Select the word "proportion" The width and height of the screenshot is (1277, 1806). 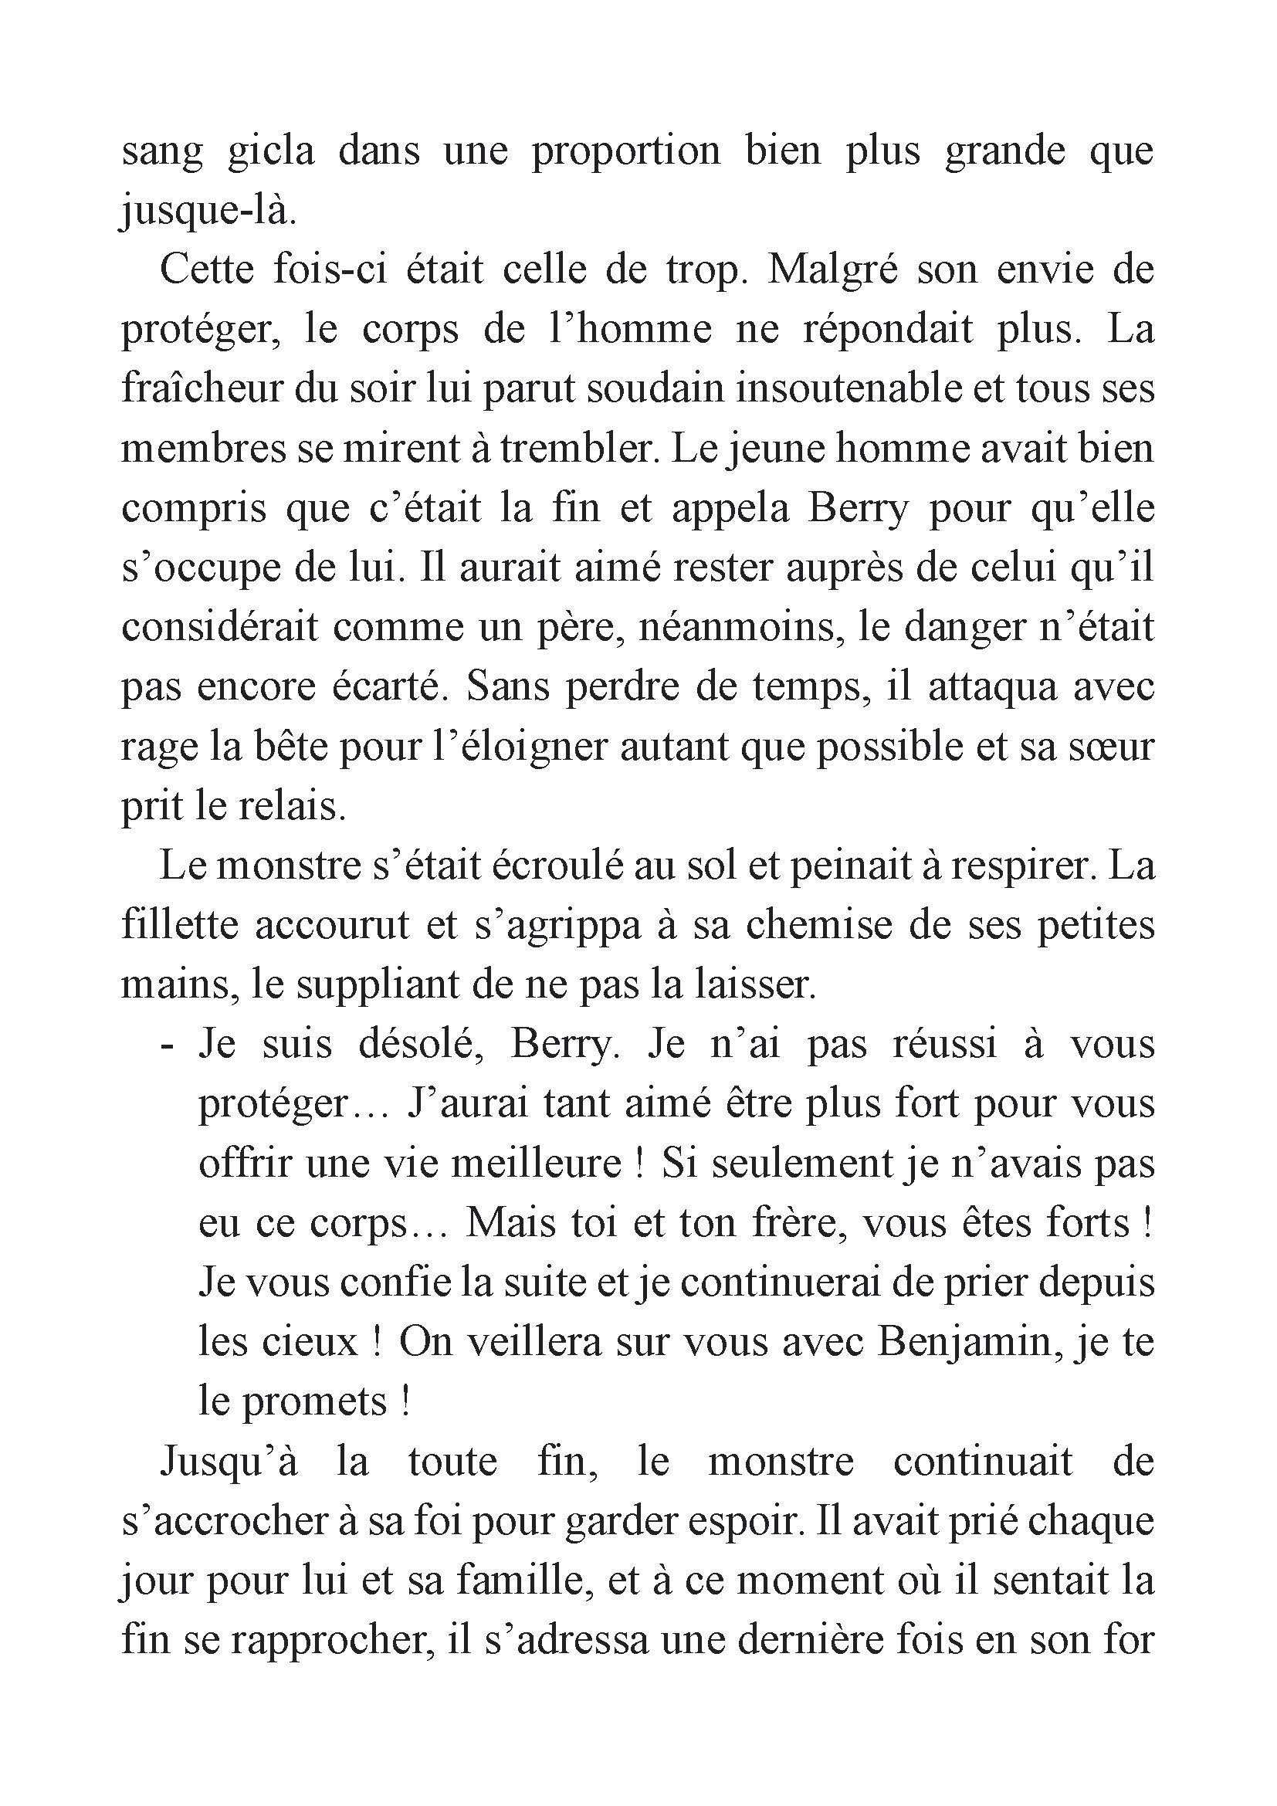[x=625, y=152]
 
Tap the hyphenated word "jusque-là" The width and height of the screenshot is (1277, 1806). [x=208, y=212]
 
